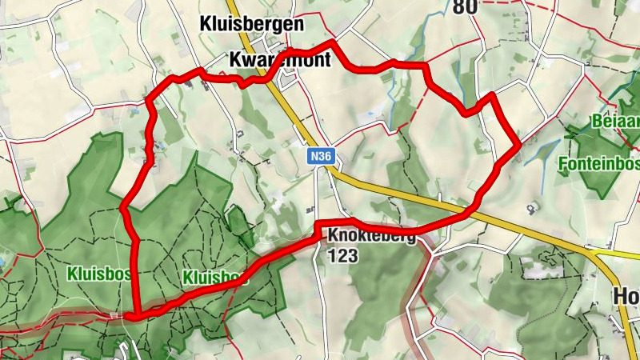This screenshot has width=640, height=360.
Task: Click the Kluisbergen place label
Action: pyautogui.click(x=251, y=24)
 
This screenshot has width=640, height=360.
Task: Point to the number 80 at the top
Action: pyautogui.click(x=464, y=8)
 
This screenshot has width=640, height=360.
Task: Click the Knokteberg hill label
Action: pyautogui.click(x=370, y=237)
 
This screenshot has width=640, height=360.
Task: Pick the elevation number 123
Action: pyautogui.click(x=342, y=256)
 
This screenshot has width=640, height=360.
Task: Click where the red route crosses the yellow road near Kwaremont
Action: pyautogui.click(x=274, y=70)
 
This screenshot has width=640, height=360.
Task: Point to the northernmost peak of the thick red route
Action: pyautogui.click(x=332, y=42)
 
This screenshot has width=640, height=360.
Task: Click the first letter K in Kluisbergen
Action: pyautogui.click(x=206, y=24)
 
